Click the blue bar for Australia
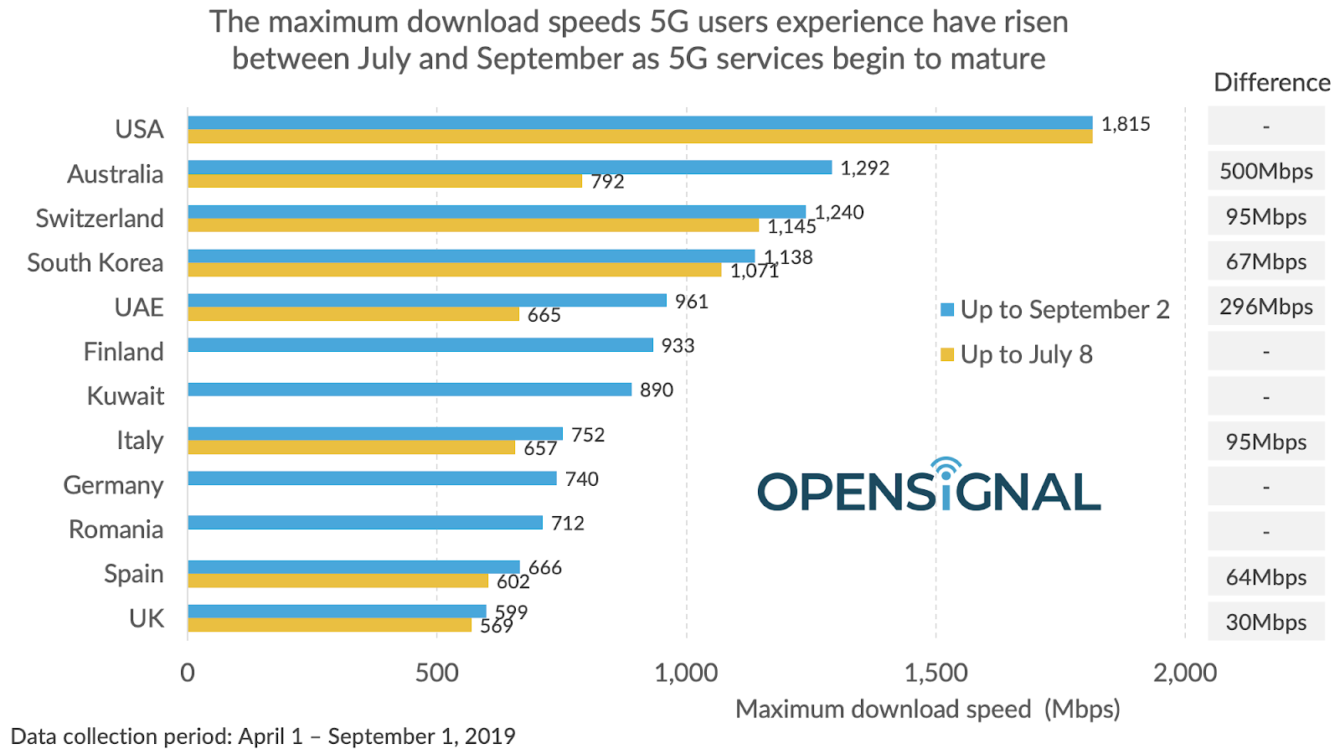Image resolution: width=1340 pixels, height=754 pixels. coord(509,168)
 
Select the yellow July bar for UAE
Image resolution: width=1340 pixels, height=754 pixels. coord(353,314)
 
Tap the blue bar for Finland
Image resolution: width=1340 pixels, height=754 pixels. coord(420,345)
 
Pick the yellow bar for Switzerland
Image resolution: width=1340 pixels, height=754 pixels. coord(473,225)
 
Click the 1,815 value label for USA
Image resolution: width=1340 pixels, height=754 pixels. coord(1126,124)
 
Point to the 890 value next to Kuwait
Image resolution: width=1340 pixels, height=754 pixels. coord(657,390)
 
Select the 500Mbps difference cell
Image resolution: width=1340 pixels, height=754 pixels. coord(1265,171)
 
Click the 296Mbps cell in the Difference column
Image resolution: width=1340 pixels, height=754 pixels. coord(1265,307)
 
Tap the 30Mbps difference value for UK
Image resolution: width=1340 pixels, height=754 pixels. coord(1265,622)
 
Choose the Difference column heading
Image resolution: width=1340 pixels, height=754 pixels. coord(1271,82)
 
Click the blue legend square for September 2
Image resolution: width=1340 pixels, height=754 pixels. coord(947,310)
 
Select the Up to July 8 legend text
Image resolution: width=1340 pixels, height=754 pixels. coord(1026,354)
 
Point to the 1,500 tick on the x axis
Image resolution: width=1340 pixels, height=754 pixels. coord(935,672)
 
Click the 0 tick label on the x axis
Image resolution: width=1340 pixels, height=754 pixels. coord(188,672)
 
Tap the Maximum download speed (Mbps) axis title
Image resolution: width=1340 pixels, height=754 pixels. coord(927,709)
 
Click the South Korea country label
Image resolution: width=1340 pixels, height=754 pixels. coord(95,262)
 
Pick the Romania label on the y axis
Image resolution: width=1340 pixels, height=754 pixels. coord(116,529)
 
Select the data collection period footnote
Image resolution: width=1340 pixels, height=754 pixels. coord(263,736)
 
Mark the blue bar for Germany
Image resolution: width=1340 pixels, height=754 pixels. coord(372,478)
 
